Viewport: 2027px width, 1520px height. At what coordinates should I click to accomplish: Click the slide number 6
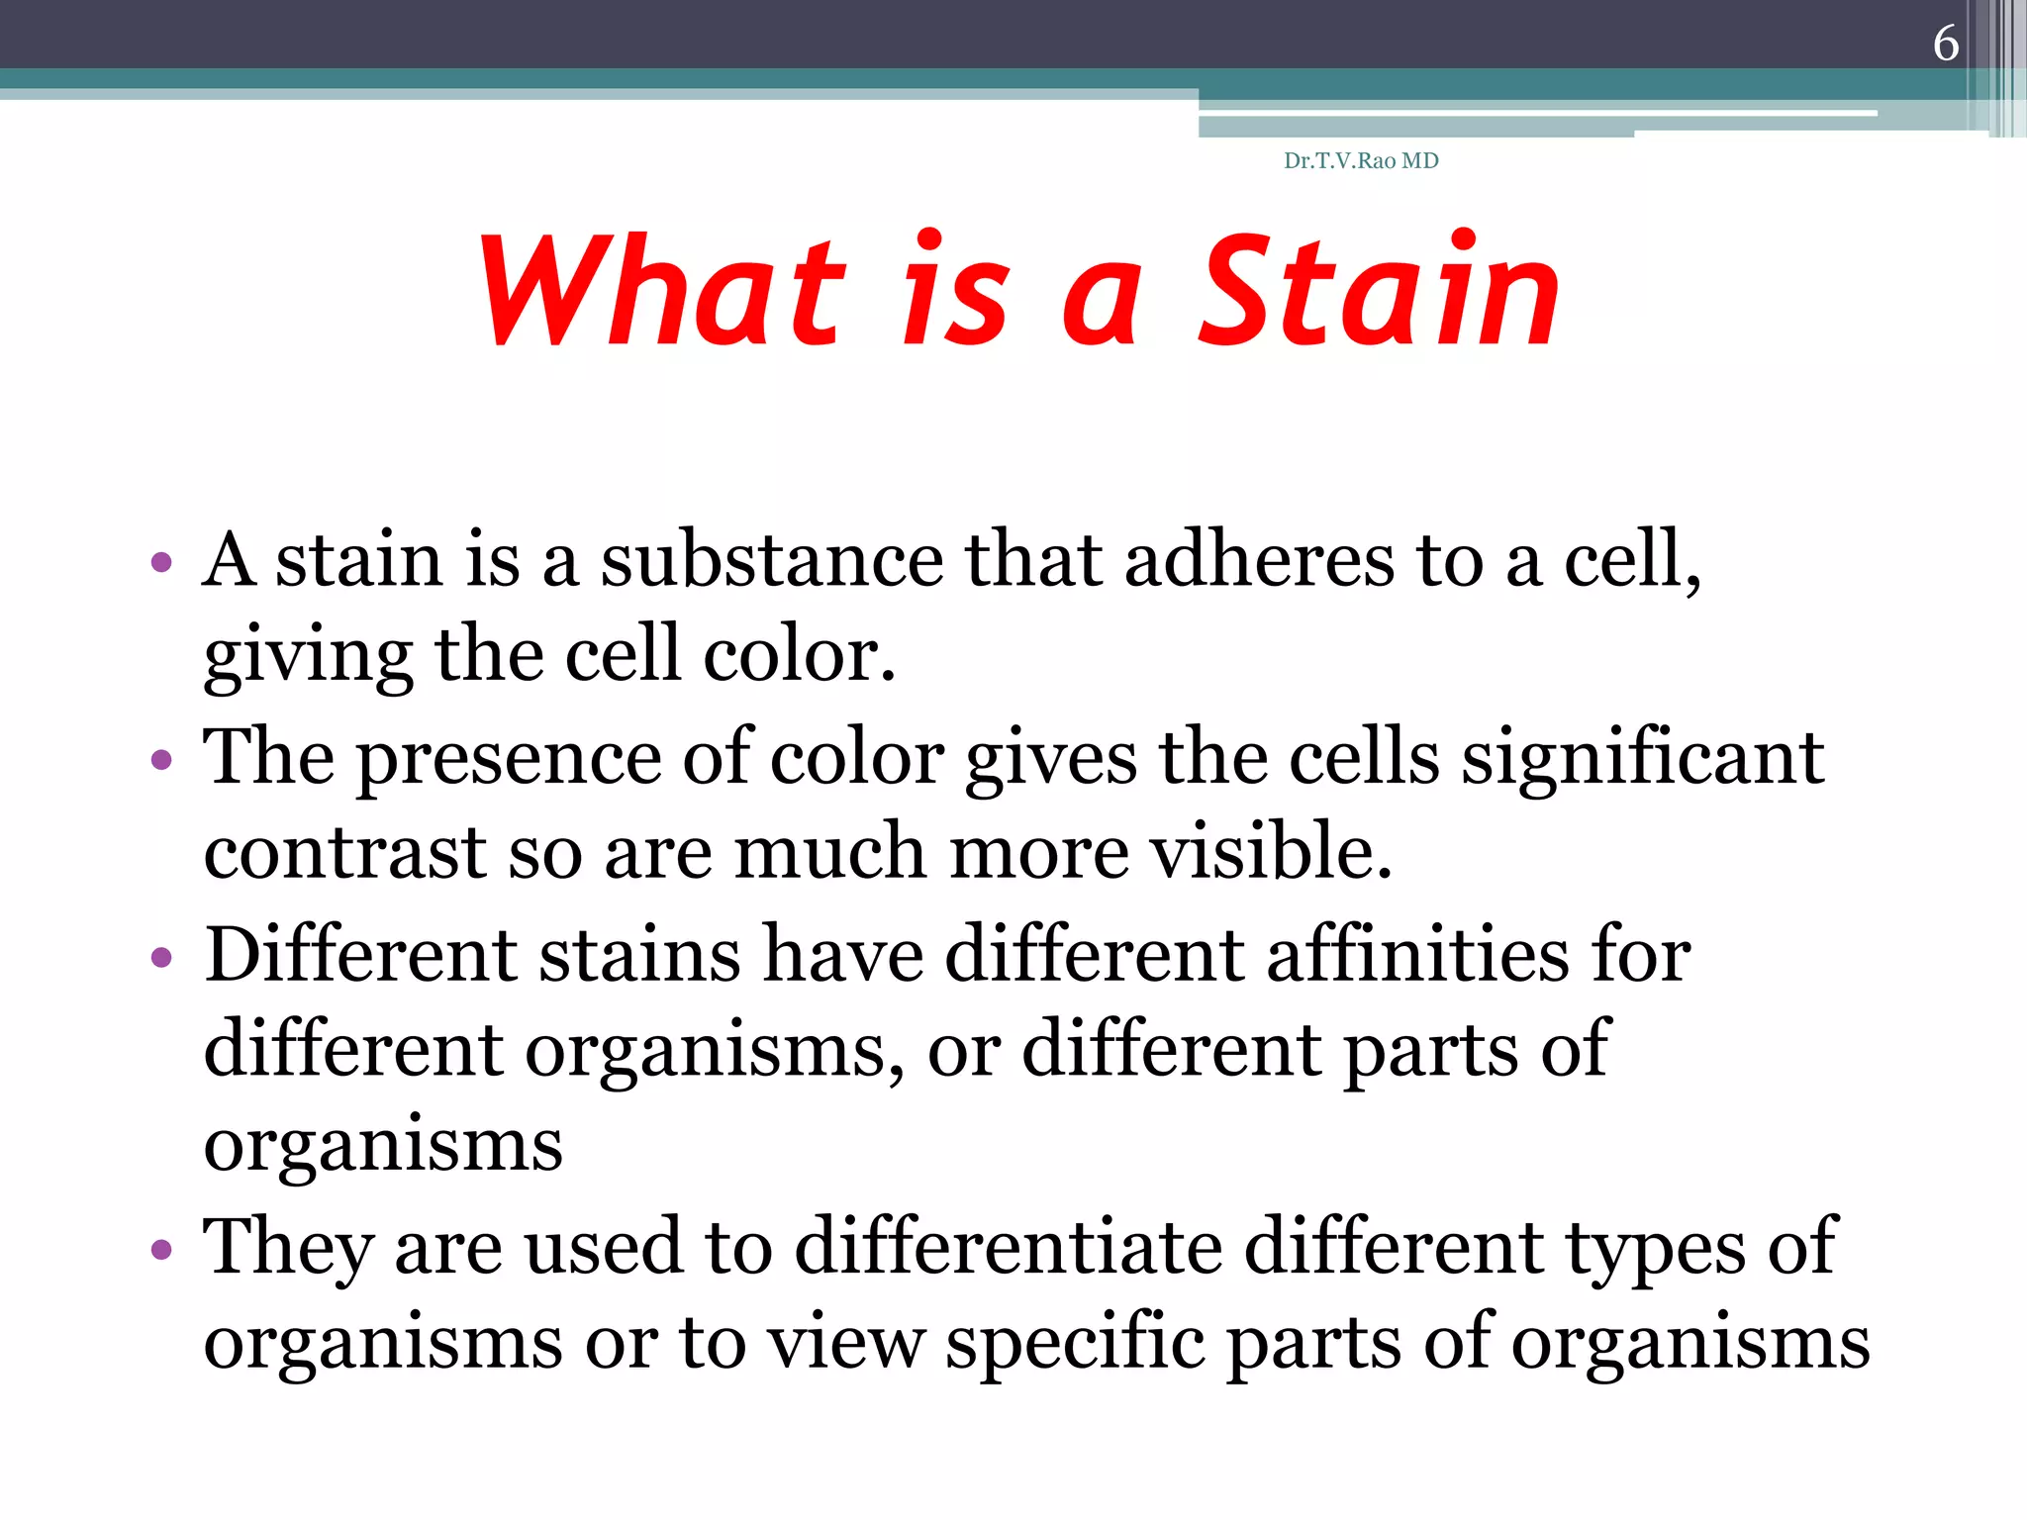pos(1945,43)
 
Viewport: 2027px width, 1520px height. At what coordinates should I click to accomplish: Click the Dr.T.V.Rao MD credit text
pos(1361,161)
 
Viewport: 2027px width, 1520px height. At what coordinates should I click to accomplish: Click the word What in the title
pos(661,292)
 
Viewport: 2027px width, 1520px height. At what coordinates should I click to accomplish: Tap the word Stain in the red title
pos(1379,292)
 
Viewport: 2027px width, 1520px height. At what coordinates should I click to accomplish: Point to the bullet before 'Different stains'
pos(161,957)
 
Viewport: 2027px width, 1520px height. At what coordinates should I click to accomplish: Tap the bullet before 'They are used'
pos(161,1250)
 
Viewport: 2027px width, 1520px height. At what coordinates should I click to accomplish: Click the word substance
pos(772,560)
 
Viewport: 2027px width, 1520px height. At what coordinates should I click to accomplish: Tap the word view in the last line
pos(847,1343)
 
